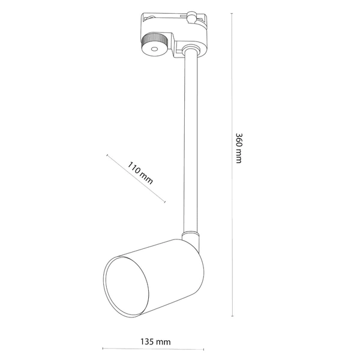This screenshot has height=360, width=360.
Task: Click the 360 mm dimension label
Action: tap(238, 149)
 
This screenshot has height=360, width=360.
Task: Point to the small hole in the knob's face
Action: tap(154, 49)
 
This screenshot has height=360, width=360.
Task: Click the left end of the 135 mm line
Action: tap(103, 347)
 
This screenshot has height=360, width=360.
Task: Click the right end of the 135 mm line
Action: tap(206, 347)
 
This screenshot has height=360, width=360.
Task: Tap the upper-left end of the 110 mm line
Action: tap(106, 155)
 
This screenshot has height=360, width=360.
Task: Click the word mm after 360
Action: tap(238, 158)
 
